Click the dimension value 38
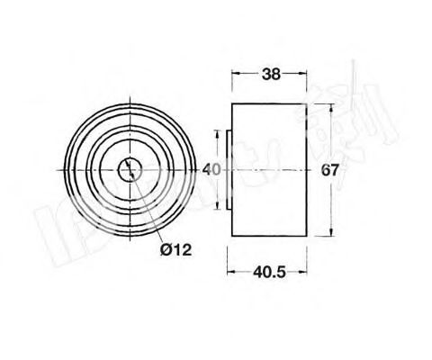coord(269,76)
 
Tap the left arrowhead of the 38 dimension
coord(235,76)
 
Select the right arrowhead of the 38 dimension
coord(302,76)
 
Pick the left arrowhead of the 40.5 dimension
coord(228,270)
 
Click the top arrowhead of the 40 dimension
coord(216,132)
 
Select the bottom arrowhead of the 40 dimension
coord(216,204)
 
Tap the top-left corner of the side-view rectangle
coord(232,105)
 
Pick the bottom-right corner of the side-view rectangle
coord(305,233)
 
